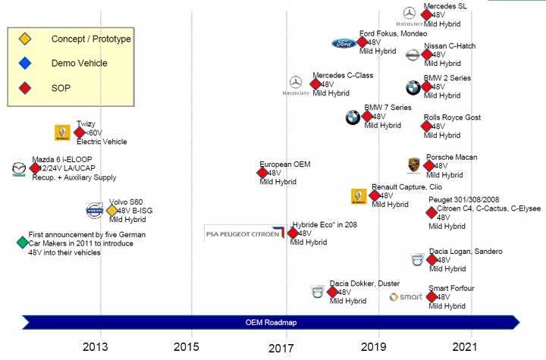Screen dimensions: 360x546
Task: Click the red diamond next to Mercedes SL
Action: (426, 14)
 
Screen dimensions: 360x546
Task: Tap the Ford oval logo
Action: (344, 43)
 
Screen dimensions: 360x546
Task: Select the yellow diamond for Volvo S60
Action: (112, 210)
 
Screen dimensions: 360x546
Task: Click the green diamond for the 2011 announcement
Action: (22, 243)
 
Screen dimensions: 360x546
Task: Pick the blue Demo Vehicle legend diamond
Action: (25, 64)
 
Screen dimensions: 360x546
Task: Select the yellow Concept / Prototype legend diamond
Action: (25, 39)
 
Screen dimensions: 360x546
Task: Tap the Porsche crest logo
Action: (413, 166)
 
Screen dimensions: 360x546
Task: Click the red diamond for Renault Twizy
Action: (80, 133)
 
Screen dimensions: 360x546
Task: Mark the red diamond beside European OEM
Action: (262, 173)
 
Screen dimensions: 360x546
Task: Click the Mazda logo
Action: (19, 169)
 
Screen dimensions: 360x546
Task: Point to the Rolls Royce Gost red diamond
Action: (426, 127)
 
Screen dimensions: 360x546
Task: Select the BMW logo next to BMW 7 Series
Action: (353, 117)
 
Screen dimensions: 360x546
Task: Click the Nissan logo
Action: (412, 55)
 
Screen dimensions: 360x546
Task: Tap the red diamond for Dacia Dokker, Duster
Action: (332, 292)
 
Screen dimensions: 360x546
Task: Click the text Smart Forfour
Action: (450, 289)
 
